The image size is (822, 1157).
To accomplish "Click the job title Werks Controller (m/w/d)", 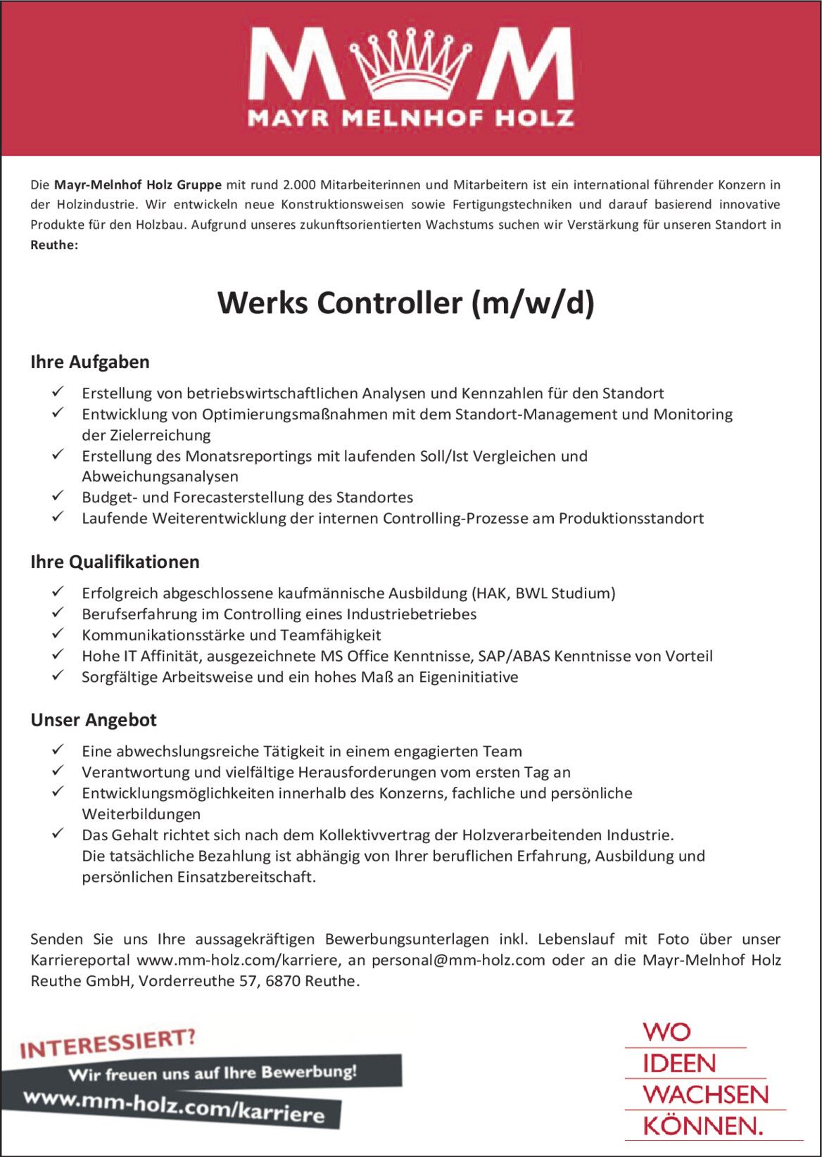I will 406,303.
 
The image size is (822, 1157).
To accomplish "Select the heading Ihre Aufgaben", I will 90,362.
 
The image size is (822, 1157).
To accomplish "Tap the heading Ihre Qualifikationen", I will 115,562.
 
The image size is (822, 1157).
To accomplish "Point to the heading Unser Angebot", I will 94,720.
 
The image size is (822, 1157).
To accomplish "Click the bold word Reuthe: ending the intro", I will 54,245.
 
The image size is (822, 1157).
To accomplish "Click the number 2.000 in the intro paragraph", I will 298,185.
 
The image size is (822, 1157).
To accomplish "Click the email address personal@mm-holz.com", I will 458,960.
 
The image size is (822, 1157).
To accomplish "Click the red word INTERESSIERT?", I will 108,1044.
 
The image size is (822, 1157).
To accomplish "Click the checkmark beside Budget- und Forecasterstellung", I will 58,497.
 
